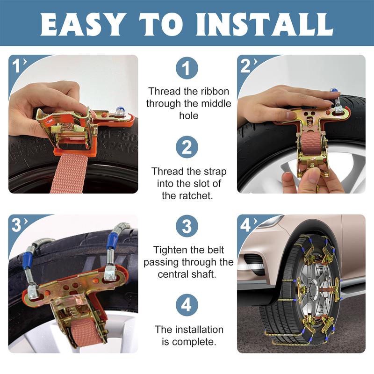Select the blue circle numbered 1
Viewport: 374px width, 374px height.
187,68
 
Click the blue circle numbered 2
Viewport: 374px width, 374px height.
187,147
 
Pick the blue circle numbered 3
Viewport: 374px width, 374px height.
187,226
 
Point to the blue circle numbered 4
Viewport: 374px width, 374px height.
187,305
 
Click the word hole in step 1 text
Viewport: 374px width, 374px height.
189,115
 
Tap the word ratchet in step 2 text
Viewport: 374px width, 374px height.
187,196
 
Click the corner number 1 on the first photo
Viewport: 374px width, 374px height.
16,65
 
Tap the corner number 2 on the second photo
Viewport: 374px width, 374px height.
245,65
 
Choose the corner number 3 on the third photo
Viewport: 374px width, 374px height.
17,225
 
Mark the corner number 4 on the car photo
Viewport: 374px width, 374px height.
245,225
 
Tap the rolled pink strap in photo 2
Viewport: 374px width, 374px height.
311,144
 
